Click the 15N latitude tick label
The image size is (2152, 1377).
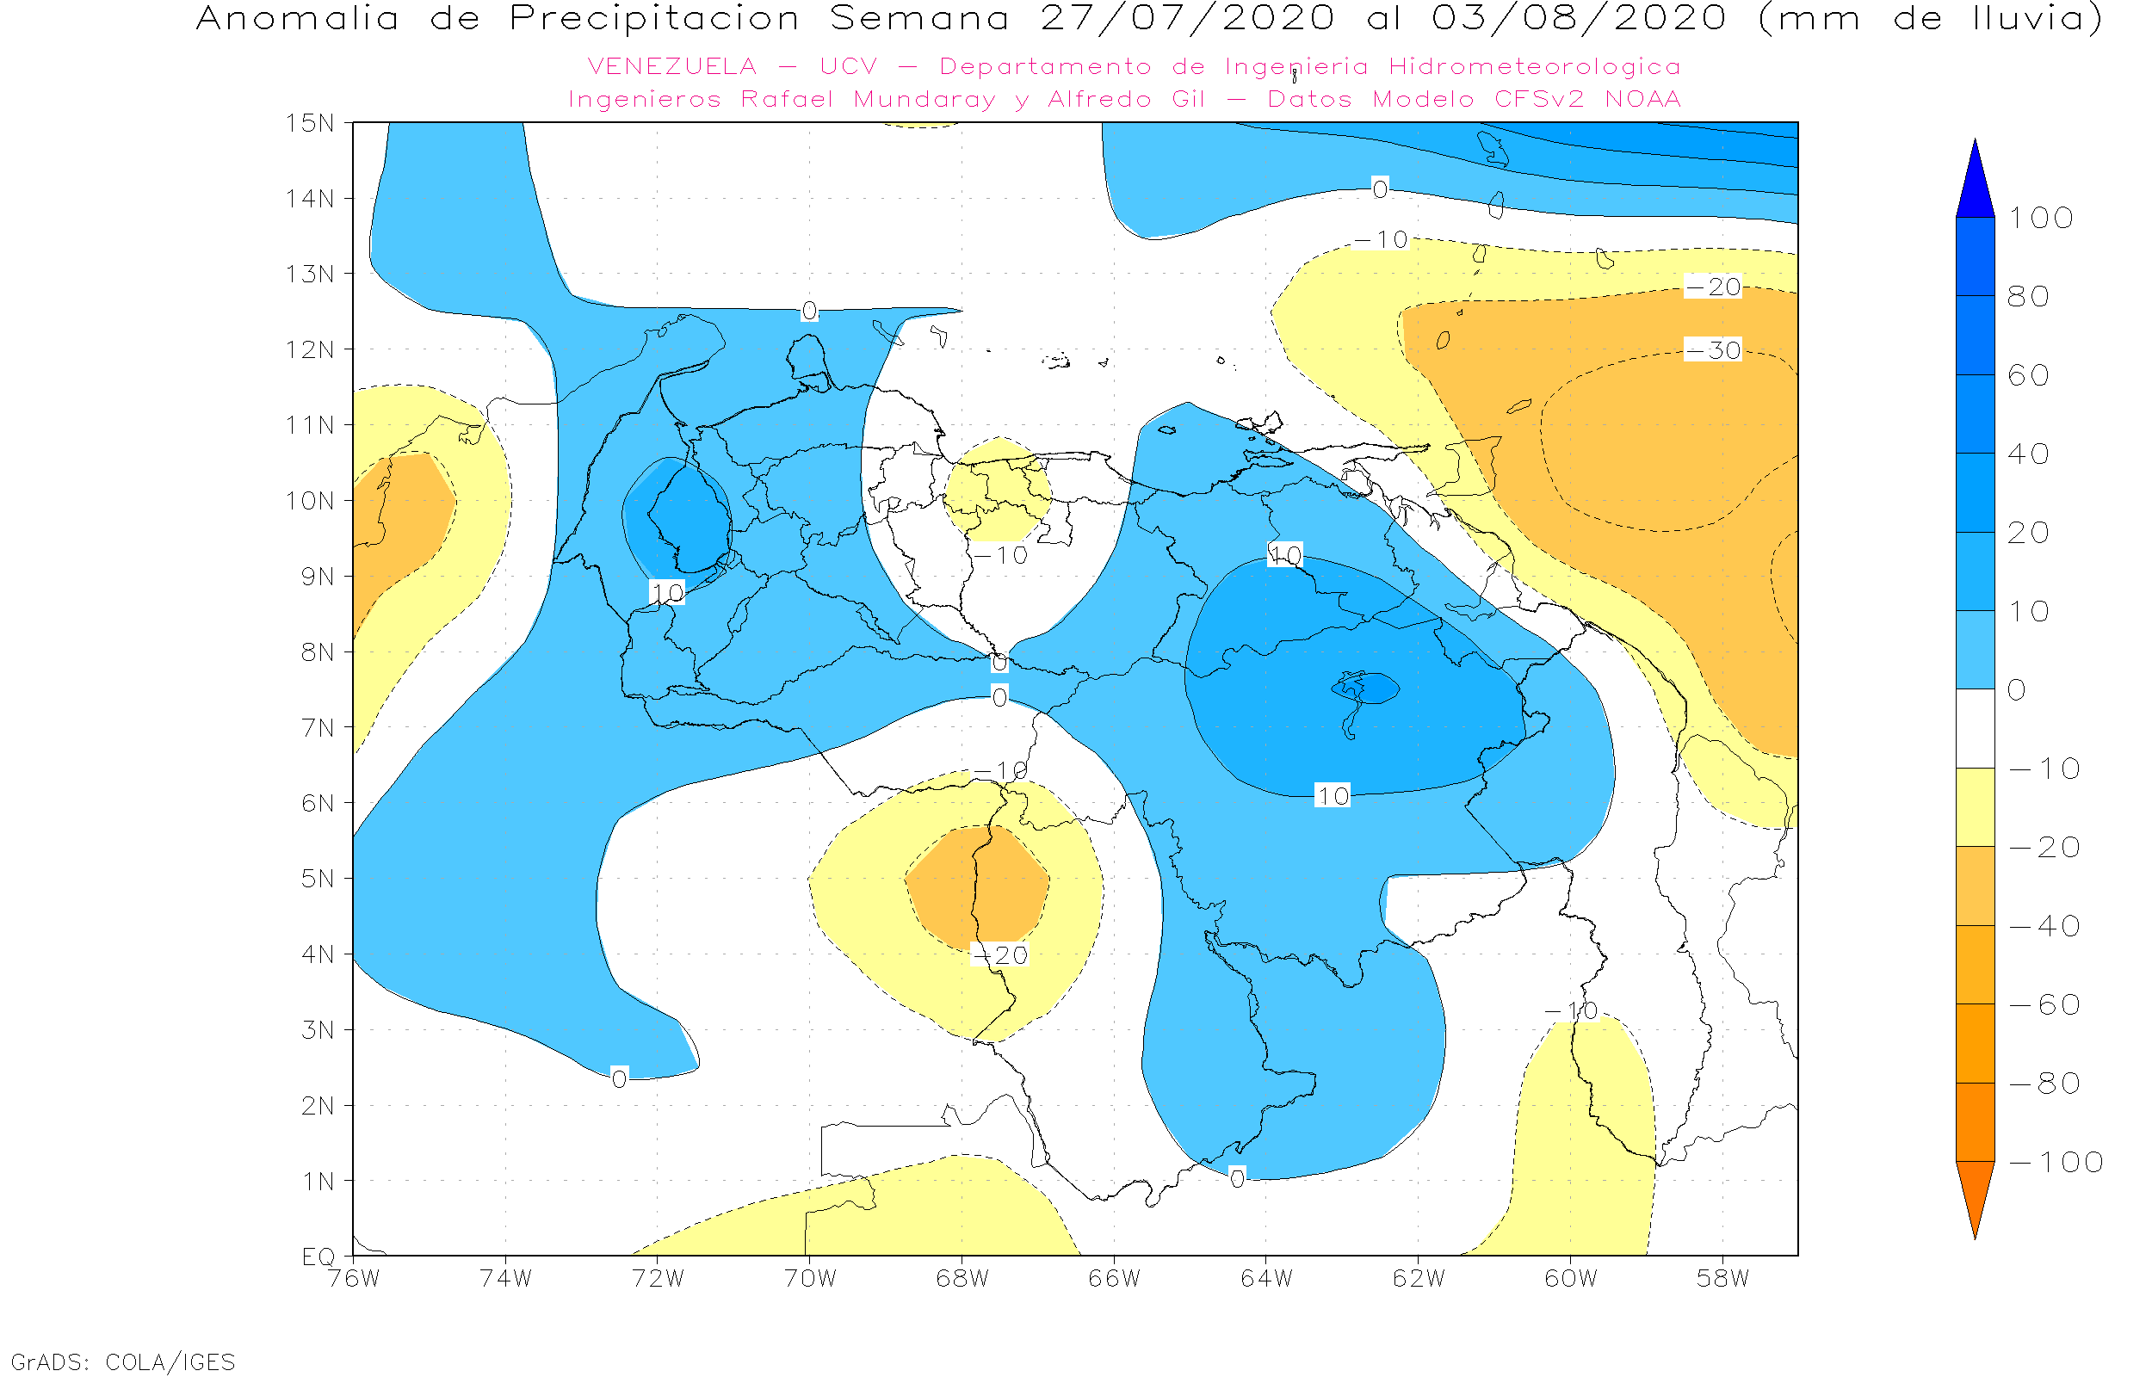pos(309,122)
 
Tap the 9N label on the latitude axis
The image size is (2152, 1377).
pos(317,577)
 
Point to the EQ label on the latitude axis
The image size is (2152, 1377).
pos(318,1257)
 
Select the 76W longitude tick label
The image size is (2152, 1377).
pos(353,1279)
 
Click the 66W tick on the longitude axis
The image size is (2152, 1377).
pos(1114,1279)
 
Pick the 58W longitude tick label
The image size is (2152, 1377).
pos(1722,1279)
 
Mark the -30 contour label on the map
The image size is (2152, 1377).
pos(1712,349)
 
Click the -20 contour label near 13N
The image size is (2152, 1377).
pos(1712,287)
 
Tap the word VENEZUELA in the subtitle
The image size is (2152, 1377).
pos(671,67)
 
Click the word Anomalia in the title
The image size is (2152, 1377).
pos(298,19)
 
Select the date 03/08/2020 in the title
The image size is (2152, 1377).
pos(1579,19)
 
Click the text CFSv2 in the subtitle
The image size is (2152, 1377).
pos(1538,99)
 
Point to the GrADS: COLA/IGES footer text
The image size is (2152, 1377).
pos(122,1362)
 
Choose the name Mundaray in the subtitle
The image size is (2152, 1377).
pos(924,99)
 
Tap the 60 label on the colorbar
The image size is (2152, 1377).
pos(2028,375)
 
